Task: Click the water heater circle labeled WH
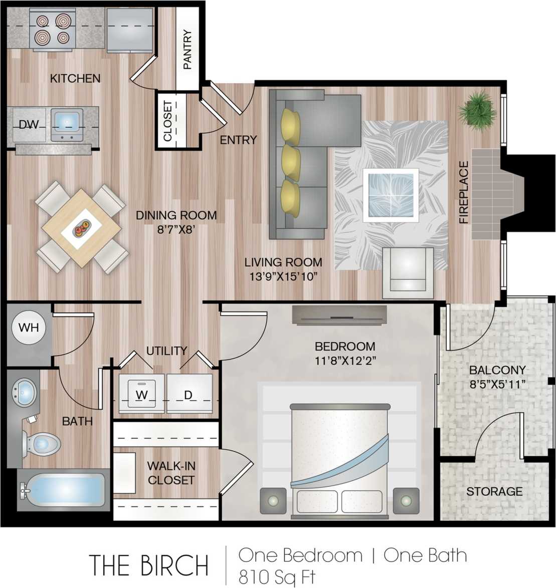(x=29, y=328)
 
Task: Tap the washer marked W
(x=141, y=394)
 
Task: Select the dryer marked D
(x=189, y=394)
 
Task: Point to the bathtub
(x=63, y=490)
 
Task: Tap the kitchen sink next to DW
(x=67, y=125)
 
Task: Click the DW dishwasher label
(x=29, y=125)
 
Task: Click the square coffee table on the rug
(x=391, y=195)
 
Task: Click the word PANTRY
(x=188, y=50)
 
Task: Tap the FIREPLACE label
(x=464, y=192)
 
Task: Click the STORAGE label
(x=494, y=491)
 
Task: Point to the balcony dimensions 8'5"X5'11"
(x=497, y=384)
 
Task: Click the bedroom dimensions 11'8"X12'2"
(x=345, y=361)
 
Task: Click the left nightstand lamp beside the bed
(x=273, y=501)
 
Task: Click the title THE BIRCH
(x=149, y=565)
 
